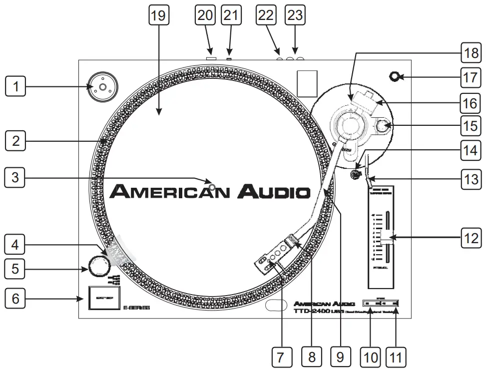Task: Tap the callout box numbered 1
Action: [x=15, y=87]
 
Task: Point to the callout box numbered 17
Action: [x=470, y=77]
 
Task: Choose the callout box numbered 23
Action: [x=295, y=15]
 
